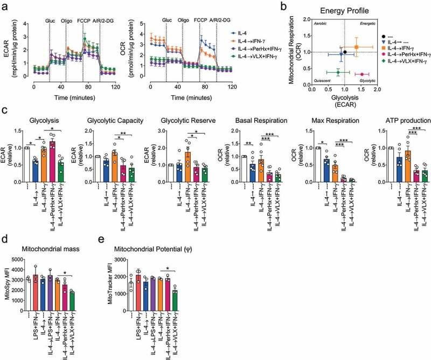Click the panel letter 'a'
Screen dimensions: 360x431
(x=4, y=5)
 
